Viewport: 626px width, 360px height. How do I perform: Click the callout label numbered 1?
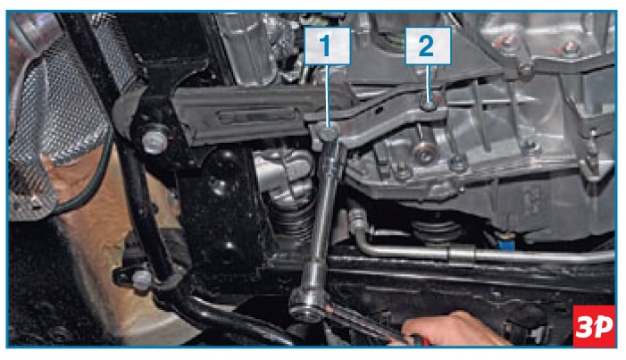point(328,46)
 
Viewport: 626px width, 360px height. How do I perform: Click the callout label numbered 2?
point(428,46)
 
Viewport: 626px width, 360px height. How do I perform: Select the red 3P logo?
point(594,326)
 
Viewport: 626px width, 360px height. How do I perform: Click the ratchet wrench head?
point(309,306)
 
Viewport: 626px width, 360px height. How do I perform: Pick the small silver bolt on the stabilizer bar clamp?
point(142,280)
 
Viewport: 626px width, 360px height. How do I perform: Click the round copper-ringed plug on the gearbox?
point(423,151)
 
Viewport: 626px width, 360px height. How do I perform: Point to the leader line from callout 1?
point(328,96)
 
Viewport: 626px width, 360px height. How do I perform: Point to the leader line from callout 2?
point(429,83)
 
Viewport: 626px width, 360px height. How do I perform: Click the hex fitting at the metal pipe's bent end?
point(357,218)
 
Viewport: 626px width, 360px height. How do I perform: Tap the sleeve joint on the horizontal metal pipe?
point(462,254)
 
